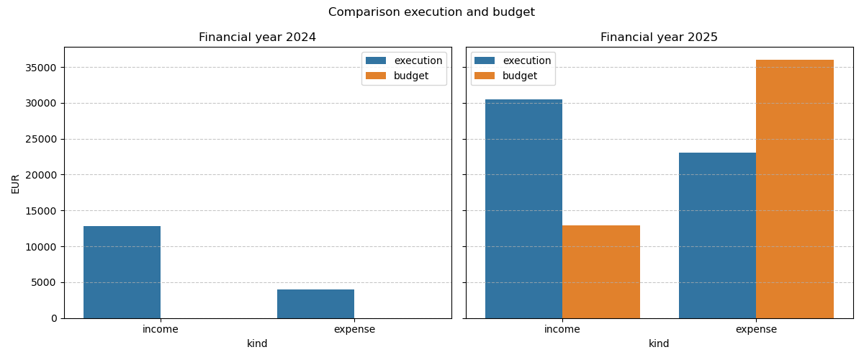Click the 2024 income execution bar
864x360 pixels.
tap(122, 272)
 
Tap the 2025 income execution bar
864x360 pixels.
tap(523, 209)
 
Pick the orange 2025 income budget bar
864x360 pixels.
tap(601, 272)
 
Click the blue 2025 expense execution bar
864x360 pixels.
tap(717, 235)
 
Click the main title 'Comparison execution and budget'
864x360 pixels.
tap(431, 12)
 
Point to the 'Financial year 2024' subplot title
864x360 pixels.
tap(257, 37)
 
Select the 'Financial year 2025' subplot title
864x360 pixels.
tap(659, 37)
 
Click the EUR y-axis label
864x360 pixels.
tap(16, 183)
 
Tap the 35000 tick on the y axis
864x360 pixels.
tap(42, 68)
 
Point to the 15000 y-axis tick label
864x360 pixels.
tap(42, 211)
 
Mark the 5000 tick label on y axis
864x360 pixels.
tap(45, 282)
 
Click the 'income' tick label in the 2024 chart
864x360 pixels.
tap(161, 330)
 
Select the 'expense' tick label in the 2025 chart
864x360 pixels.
tap(756, 330)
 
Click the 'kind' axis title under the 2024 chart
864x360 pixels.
tap(257, 344)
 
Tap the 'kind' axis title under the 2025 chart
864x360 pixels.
tap(659, 344)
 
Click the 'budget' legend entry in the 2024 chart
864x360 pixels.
tap(410, 76)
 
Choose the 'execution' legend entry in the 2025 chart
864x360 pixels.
tap(526, 61)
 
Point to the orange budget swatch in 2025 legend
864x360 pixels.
tap(485, 76)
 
